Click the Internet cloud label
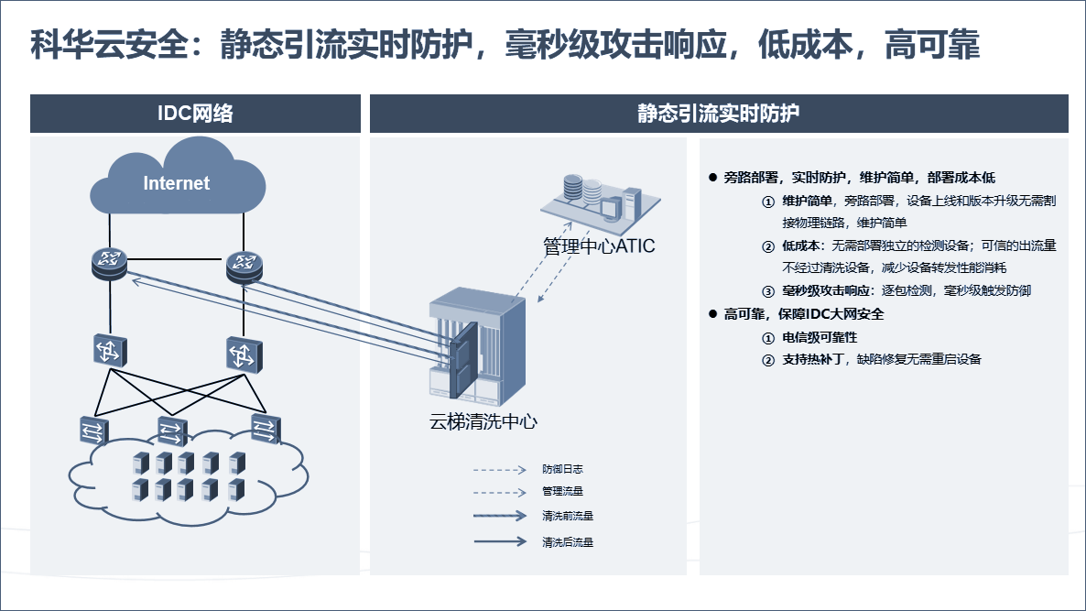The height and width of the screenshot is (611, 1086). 176,183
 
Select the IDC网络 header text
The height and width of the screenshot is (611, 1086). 195,113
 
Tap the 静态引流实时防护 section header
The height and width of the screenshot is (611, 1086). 718,113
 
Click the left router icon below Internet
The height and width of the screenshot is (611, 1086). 110,264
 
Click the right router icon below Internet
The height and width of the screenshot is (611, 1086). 244,267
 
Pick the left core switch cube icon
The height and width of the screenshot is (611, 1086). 110,350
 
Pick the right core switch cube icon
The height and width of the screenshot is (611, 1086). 244,355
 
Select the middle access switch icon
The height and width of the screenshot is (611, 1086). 172,431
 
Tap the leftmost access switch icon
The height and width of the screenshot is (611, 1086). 94,431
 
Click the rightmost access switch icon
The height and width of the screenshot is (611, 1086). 266,428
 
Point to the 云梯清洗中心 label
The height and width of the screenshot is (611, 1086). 483,421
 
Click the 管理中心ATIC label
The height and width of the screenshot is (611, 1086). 599,245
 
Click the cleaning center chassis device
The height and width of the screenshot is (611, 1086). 477,346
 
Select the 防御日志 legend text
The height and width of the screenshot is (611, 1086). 562,469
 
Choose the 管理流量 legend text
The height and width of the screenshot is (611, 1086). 562,491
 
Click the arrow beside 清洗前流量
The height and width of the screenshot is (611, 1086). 500,516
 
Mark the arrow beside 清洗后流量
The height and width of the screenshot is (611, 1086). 500,541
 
